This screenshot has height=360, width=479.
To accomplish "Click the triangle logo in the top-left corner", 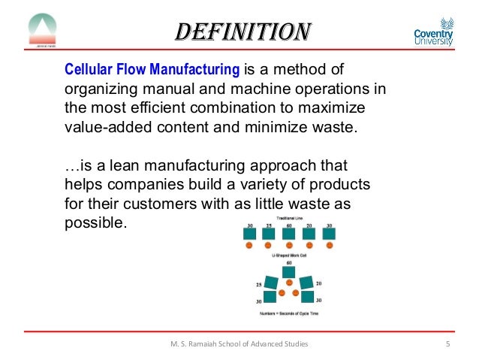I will (42, 29).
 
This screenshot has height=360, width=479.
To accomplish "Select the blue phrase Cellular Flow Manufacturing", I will (152, 71).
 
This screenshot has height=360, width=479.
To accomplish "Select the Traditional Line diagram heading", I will (289, 217).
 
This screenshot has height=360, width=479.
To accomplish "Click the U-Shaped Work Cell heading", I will (289, 256).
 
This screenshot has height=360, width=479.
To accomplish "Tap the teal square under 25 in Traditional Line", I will (269, 234).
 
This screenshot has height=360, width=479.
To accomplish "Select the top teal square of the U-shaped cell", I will (289, 274).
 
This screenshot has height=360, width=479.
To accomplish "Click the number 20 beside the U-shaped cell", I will (320, 284).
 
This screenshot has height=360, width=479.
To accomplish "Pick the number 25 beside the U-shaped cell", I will (258, 285).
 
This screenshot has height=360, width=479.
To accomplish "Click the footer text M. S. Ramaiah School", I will (239, 344).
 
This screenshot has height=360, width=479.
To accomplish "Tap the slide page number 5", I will (447, 344).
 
